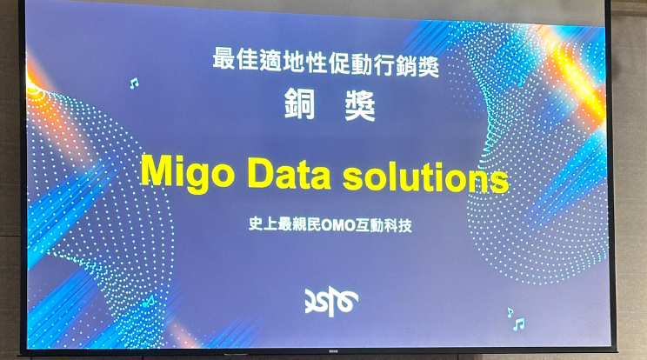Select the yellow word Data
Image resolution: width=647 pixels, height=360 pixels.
(290, 172)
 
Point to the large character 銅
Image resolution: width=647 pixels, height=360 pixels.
(300, 103)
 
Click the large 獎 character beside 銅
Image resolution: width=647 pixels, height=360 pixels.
(360, 105)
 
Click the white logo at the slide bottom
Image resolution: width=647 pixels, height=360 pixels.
(331, 302)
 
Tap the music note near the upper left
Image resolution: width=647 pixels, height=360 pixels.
(134, 83)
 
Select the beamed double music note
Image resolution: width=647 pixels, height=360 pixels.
(518, 324)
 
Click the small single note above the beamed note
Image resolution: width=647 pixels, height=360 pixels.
(510, 312)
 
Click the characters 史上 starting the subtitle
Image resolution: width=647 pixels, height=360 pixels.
(263, 224)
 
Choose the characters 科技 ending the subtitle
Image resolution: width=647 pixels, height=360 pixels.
(397, 226)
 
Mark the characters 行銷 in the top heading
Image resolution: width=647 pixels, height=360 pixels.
(395, 65)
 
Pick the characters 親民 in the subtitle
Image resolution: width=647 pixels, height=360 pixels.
(306, 224)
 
